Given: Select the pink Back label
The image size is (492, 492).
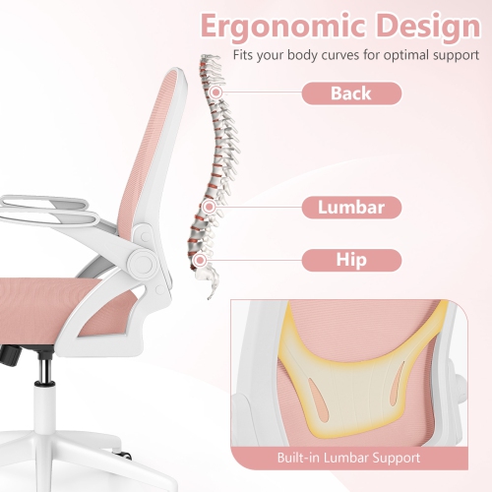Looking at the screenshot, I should [350, 93].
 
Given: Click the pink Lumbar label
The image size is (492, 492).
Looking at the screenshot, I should [350, 207].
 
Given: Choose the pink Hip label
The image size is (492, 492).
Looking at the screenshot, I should [350, 261].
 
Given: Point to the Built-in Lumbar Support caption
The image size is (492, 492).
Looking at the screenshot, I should [361, 459].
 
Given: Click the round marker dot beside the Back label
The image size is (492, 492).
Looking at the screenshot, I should [214, 92].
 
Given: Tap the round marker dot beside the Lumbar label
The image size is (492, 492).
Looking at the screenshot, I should [209, 207].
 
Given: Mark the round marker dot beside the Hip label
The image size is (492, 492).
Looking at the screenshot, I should [202, 260].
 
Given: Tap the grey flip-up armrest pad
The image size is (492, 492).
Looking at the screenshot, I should [39, 202].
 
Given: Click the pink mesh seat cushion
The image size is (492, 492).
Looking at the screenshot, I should [49, 300].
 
